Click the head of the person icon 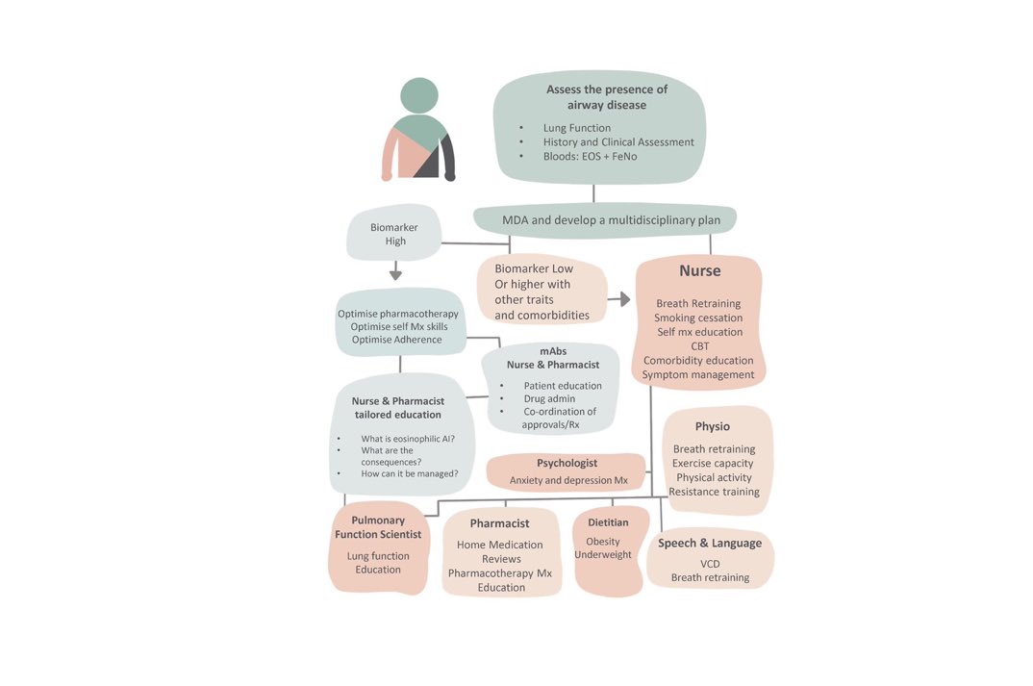tap(418, 96)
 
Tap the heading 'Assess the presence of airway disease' tap(607, 97)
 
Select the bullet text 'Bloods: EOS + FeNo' tap(590, 156)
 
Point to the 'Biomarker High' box tap(395, 234)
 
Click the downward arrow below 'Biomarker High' tap(395, 274)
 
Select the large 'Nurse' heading tap(699, 271)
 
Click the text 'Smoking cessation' tap(698, 318)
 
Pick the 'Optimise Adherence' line tap(396, 340)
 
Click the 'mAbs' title tap(553, 351)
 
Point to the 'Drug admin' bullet tap(549, 398)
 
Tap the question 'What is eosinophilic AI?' tap(408, 439)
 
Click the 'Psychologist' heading tap(567, 463)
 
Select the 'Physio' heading tap(713, 426)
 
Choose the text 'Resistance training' tap(714, 492)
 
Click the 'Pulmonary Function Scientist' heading tap(378, 527)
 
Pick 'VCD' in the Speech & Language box tap(710, 564)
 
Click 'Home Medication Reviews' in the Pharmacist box tap(501, 551)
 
